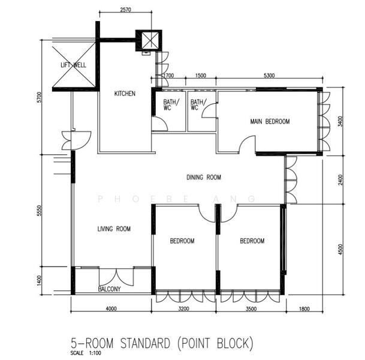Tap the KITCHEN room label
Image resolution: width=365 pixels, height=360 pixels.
(x=125, y=94)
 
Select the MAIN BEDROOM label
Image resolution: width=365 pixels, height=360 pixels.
(x=270, y=122)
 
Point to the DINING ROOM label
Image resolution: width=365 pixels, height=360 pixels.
(x=204, y=177)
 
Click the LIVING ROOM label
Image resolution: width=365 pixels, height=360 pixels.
(x=114, y=229)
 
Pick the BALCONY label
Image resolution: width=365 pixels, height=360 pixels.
(x=109, y=289)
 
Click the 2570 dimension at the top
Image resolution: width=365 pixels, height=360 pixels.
(x=125, y=10)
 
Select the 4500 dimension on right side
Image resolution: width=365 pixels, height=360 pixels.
(x=341, y=248)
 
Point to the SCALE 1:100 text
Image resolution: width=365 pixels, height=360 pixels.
(x=85, y=353)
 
